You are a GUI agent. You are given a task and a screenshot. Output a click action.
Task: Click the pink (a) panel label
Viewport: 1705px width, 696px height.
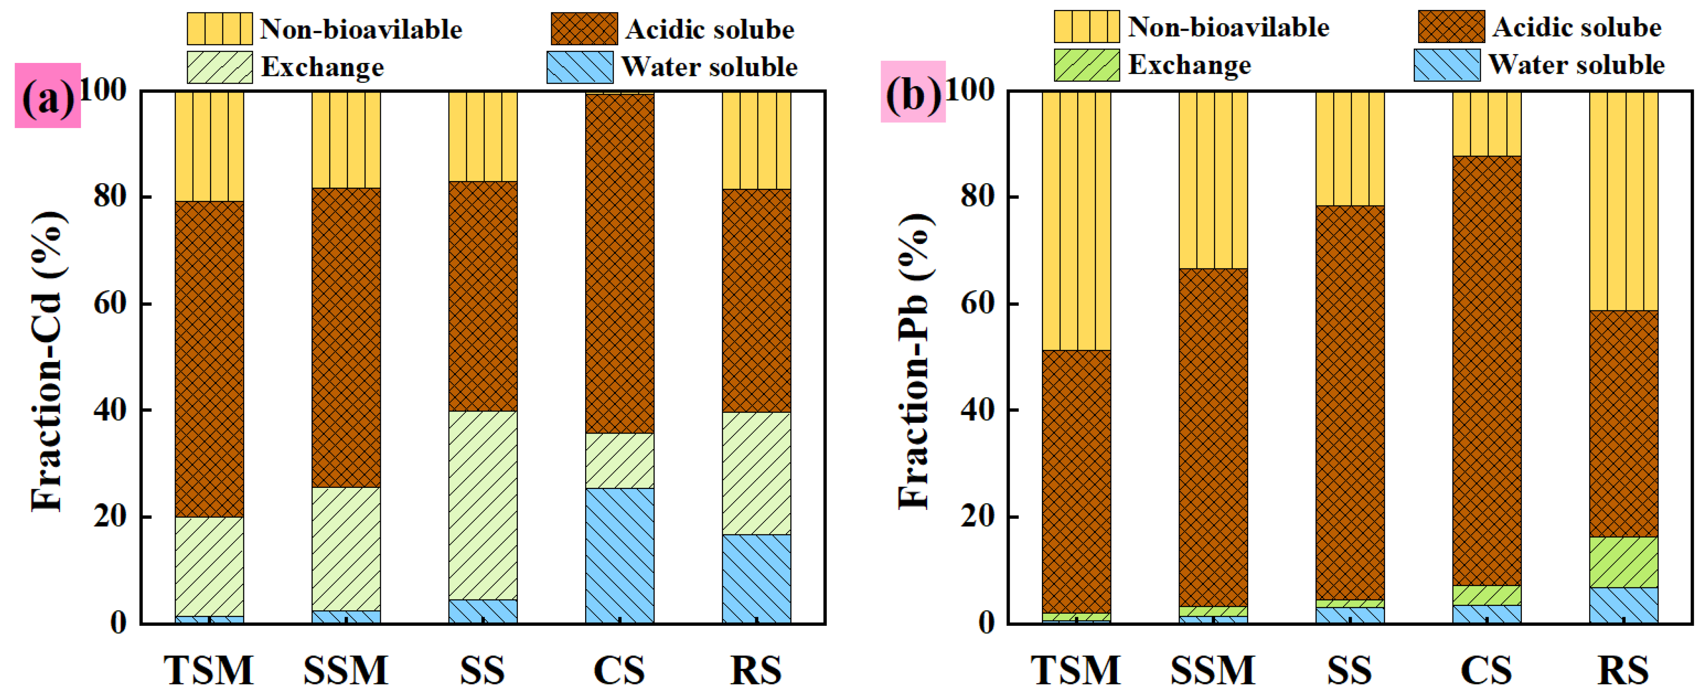pos(48,96)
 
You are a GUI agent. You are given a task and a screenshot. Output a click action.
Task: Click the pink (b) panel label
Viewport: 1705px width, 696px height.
pos(913,93)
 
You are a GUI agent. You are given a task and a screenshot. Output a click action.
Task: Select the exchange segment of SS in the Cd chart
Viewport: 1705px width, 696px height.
pos(483,505)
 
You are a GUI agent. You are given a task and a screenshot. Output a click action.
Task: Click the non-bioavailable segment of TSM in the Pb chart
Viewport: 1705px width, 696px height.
pos(1076,221)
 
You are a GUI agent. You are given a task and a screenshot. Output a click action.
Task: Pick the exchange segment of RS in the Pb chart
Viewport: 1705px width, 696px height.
pos(1624,562)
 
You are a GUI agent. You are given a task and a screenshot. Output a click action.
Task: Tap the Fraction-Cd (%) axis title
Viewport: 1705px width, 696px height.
pos(48,361)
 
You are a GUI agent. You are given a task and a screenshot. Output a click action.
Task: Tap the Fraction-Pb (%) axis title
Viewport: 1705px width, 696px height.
pos(915,361)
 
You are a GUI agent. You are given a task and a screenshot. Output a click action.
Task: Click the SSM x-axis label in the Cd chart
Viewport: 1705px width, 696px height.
pos(346,670)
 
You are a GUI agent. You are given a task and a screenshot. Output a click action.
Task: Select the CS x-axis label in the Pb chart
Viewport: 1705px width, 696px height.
pos(1486,670)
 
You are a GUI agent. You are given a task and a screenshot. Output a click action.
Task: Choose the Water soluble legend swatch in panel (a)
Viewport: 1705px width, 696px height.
pos(580,67)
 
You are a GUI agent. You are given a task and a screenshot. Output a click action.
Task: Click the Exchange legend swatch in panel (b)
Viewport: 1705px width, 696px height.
pos(1086,65)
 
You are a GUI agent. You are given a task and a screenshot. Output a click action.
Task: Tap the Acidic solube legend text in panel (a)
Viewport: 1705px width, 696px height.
pos(710,29)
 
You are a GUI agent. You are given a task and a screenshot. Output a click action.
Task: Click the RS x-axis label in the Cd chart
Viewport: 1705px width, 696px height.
pos(756,670)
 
